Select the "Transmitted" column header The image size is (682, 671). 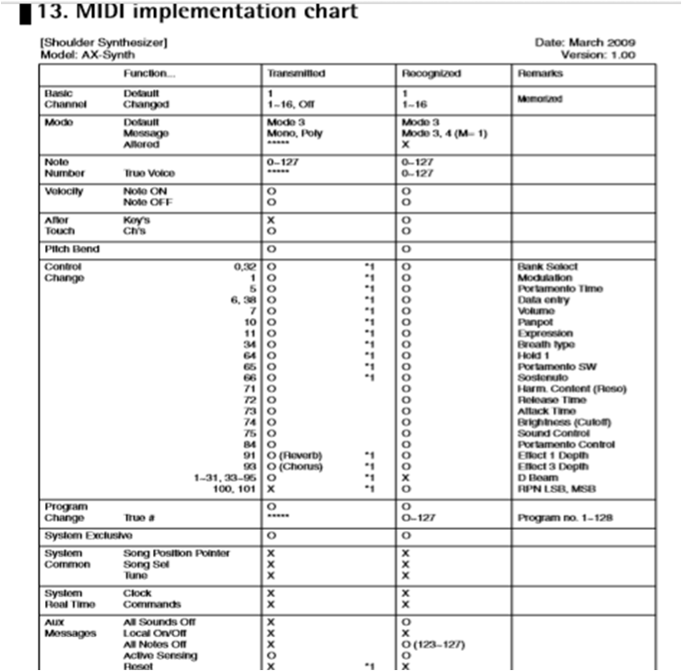click(295, 73)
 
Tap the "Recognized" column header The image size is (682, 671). click(430, 73)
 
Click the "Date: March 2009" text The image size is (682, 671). click(585, 42)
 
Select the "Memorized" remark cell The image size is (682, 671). click(540, 99)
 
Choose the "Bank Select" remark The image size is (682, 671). click(547, 266)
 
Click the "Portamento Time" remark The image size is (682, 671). click(560, 288)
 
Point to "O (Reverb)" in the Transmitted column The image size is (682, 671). click(295, 455)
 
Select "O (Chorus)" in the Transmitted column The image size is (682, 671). click(295, 466)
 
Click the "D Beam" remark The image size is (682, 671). click(537, 477)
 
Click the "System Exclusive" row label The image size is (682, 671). click(88, 535)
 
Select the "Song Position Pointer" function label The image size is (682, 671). click(176, 553)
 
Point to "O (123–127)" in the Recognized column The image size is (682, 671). click(437, 644)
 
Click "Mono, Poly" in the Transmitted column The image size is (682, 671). click(295, 133)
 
